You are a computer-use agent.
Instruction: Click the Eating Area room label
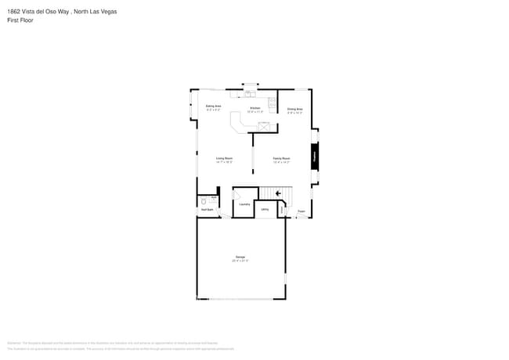(x=213, y=106)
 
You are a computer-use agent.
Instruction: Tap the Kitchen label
(x=254, y=108)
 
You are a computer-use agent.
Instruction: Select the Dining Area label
(x=294, y=109)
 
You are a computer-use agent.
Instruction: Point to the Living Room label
(x=224, y=158)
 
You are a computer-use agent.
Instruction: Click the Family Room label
(x=282, y=158)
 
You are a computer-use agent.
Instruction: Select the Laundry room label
(x=244, y=204)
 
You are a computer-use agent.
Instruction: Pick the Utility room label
(x=265, y=209)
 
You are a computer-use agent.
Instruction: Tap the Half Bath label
(x=207, y=210)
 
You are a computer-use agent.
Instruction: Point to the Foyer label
(x=301, y=211)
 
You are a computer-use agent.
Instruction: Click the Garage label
(x=240, y=257)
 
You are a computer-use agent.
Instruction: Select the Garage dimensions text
(x=240, y=261)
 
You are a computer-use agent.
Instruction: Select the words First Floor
(x=20, y=20)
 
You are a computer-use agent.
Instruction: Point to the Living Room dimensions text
(x=224, y=162)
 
